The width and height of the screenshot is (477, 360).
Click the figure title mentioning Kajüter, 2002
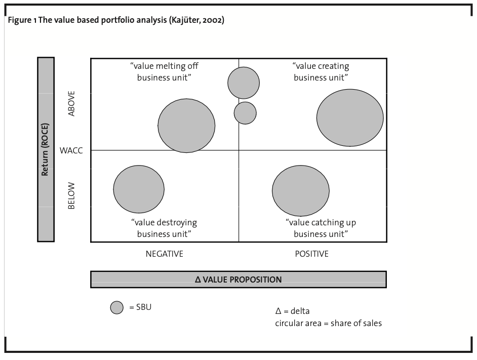[116, 21]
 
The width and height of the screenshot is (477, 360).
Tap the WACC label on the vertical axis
[71, 150]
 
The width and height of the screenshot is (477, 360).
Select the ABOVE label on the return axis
[71, 104]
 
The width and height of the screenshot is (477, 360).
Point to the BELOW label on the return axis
[71, 196]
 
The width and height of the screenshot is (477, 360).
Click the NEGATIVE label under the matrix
[164, 254]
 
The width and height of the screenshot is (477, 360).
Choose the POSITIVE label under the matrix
[311, 254]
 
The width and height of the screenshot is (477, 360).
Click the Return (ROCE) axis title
[46, 149]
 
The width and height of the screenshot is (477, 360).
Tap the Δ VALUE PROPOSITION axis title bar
[238, 279]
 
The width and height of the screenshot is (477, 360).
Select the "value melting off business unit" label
[164, 71]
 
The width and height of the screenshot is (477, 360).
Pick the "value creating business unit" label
[321, 71]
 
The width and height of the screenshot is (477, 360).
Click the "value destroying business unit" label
[164, 228]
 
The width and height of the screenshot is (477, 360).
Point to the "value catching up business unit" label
[321, 228]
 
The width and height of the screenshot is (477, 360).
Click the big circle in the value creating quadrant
[350, 117]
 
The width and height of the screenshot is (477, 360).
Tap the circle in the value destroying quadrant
[139, 189]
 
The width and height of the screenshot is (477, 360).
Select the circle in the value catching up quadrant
[301, 190]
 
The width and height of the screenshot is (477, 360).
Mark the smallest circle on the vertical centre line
[245, 113]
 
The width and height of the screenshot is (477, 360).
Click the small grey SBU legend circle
[117, 307]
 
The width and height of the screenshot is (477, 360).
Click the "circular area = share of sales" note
[328, 323]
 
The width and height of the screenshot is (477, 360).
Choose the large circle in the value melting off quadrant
[186, 126]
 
